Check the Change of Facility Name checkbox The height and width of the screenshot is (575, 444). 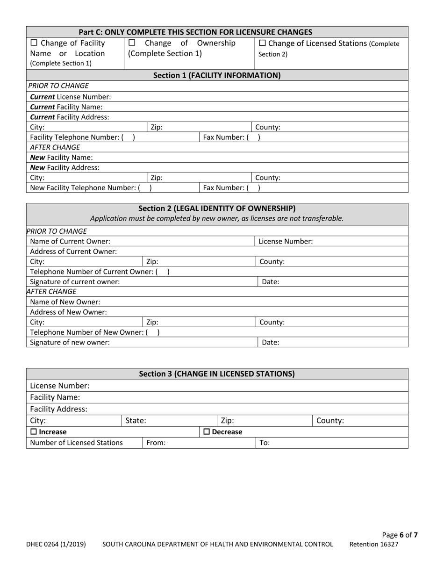click(x=34, y=43)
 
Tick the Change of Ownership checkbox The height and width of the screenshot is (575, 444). click(x=132, y=43)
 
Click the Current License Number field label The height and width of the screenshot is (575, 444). click(x=70, y=97)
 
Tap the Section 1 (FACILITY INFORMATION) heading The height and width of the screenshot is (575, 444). click(x=217, y=75)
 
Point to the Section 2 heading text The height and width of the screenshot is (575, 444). click(x=217, y=208)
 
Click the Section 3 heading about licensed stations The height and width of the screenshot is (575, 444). click(x=217, y=374)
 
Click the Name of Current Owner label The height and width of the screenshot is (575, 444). click(x=70, y=242)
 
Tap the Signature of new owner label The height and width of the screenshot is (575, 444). click(x=70, y=342)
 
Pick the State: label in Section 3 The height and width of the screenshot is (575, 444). click(x=136, y=421)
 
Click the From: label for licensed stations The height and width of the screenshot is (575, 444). click(x=156, y=443)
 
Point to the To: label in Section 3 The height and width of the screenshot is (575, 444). click(x=264, y=443)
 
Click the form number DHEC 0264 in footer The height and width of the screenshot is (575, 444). click(x=56, y=544)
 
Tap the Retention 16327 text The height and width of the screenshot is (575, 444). click(x=374, y=544)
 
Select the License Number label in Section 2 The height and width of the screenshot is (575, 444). click(x=286, y=242)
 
